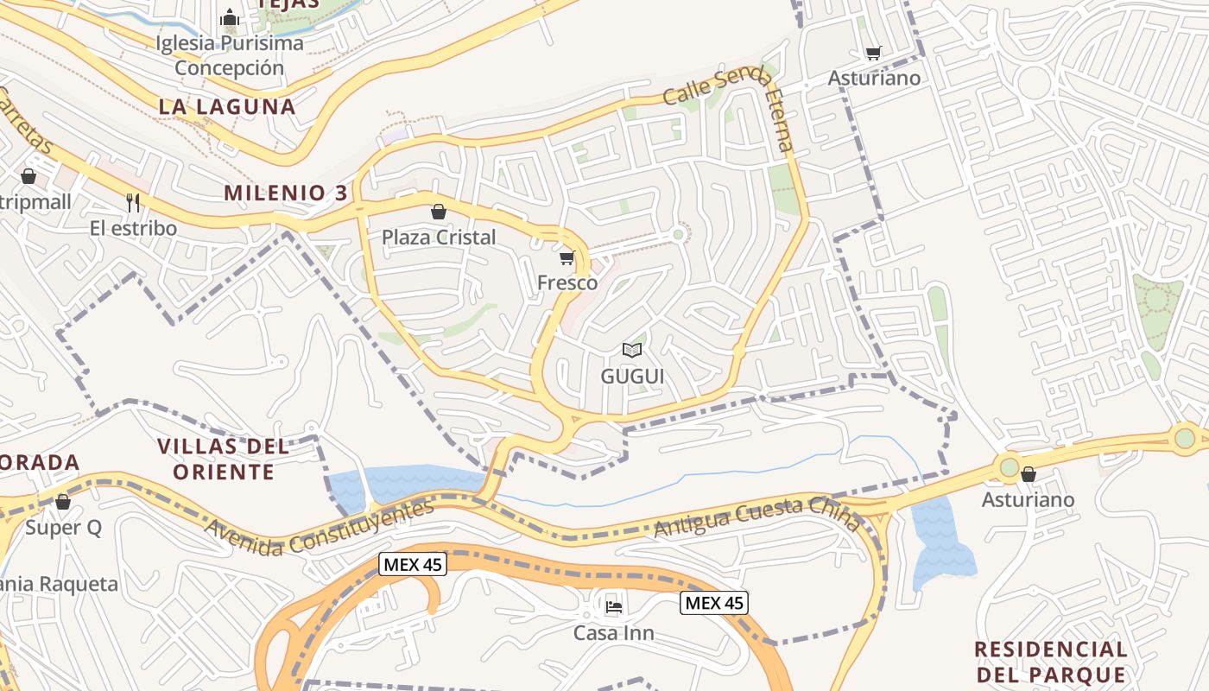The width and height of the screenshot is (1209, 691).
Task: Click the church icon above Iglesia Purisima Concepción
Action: coord(230,17)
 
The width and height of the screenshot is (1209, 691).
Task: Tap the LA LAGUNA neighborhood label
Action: coord(227,106)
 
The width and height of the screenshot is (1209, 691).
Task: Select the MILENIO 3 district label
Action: coord(286,193)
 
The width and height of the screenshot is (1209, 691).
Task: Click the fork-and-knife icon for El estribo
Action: coord(133,203)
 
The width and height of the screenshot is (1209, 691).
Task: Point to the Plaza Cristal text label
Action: coord(439,237)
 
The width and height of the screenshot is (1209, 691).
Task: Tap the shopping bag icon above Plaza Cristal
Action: coord(439,212)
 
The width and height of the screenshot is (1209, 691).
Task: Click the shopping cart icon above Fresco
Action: coord(567,257)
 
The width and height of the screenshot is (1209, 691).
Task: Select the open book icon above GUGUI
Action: coord(632,350)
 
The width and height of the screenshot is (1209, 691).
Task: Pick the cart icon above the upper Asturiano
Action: coord(874,54)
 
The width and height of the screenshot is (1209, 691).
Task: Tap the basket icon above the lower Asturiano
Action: coord(1029,474)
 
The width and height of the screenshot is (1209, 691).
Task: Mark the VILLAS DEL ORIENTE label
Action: coord(224,459)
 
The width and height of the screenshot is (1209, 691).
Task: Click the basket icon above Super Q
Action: coord(63,502)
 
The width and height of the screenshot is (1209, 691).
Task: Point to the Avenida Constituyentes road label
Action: coord(320,527)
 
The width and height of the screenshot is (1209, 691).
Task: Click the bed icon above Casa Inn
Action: coord(614,606)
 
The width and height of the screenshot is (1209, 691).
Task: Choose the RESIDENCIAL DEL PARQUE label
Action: coord(1051,662)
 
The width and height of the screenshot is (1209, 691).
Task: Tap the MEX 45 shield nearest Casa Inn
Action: coord(713,603)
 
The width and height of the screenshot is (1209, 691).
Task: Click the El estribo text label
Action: coord(133,228)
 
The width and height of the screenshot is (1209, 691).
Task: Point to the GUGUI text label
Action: coord(632,377)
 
